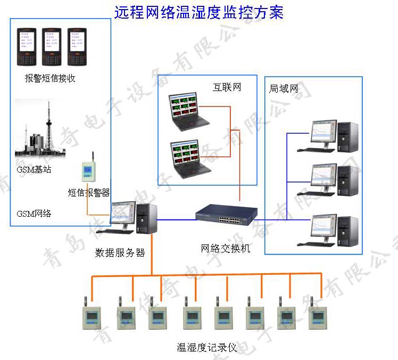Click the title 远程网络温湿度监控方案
[199, 12]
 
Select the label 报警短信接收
[50, 78]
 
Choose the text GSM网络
[34, 214]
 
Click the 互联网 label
[227, 87]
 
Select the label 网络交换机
[225, 249]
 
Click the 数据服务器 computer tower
[146, 218]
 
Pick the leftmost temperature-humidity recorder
[92, 316]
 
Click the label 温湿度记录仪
[206, 348]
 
